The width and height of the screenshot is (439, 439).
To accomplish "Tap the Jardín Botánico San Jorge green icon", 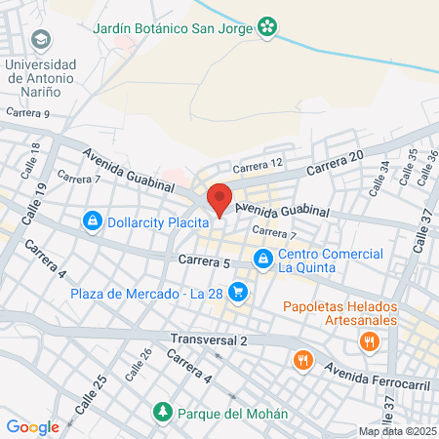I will [266, 27].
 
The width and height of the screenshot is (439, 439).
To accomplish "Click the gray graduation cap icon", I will [42, 40].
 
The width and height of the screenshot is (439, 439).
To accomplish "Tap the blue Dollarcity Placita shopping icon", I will [92, 220].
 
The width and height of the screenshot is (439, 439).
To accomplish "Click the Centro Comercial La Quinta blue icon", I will [261, 259].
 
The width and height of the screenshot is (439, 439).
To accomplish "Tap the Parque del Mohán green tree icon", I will [162, 413].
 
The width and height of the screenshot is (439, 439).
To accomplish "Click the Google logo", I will [32, 426].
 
